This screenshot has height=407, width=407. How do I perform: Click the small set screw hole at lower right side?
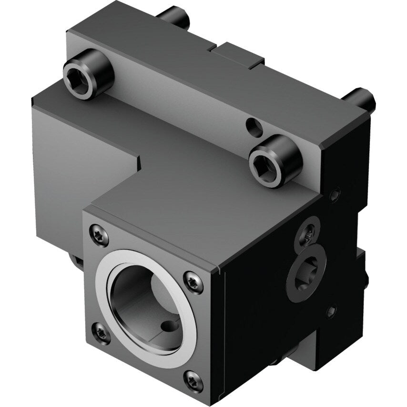tap(330, 312)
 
